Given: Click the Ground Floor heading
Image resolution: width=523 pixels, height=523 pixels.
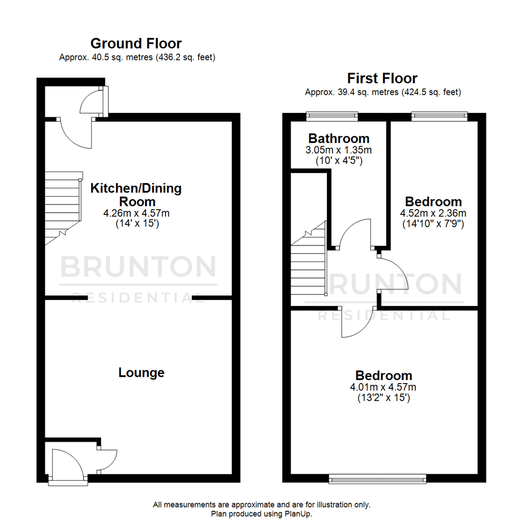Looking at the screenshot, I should [136, 44].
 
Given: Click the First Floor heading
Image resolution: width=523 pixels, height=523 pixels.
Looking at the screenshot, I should [382, 78].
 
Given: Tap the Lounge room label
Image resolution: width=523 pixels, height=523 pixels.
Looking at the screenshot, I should [141, 372].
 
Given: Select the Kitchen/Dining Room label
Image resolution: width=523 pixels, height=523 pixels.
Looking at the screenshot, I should [136, 195].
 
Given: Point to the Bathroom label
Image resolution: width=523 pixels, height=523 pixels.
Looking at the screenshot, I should [339, 138].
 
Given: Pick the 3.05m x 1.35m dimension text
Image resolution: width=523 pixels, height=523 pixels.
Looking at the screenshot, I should [339, 150].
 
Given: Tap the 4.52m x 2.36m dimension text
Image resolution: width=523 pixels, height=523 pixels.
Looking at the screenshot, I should [433, 213].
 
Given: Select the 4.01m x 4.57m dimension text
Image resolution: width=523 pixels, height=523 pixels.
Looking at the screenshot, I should [384, 387].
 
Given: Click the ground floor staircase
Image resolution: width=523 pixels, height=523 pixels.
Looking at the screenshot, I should [63, 208].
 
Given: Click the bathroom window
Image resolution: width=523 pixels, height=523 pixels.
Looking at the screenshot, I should [332, 115].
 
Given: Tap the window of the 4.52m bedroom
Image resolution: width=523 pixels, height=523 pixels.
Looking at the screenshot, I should [439, 115].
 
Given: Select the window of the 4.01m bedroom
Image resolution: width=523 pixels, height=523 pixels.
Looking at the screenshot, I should [377, 479].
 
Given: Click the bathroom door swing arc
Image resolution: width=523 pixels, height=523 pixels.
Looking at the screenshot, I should [356, 232].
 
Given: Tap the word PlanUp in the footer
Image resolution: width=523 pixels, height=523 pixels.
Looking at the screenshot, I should [299, 514].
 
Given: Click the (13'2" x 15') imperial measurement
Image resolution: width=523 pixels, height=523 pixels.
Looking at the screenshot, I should [384, 398].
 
